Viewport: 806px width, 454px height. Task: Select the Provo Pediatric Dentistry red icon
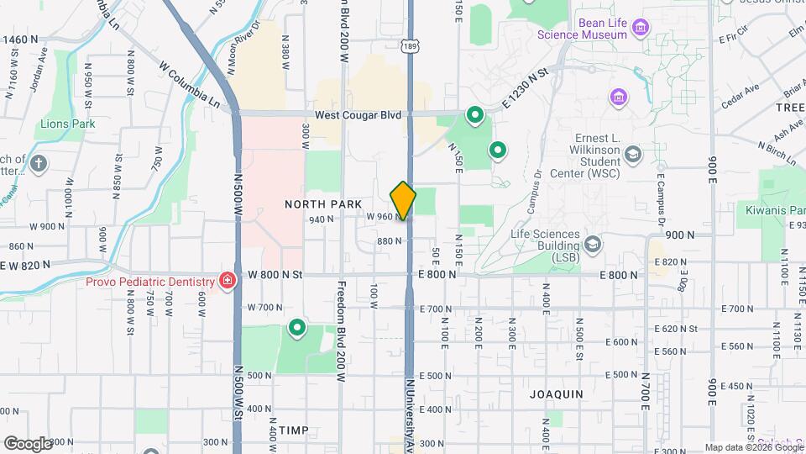tap(226, 281)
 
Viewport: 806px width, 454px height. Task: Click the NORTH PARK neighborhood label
tap(322, 204)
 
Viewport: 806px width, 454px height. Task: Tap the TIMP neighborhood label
tap(294, 430)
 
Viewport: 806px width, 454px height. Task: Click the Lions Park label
tap(67, 124)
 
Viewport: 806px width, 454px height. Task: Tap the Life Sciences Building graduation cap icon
tap(594, 244)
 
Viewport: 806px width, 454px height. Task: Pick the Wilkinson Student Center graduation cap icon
tap(632, 154)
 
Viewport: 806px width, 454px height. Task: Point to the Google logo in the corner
tap(28, 443)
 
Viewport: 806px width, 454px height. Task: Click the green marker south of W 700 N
tap(296, 328)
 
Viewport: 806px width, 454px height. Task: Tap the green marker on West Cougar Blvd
tap(474, 115)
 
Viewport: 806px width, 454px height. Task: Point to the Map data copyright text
tap(752, 447)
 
